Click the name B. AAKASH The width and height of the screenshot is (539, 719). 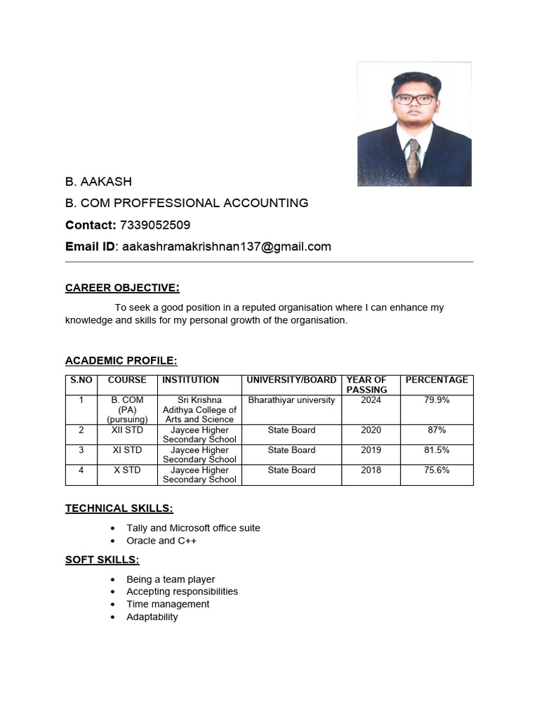pos(98,182)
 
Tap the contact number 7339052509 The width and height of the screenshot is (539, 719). pos(155,225)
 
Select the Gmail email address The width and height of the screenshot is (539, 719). pos(226,247)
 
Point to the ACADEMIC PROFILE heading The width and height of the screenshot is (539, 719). pos(121,361)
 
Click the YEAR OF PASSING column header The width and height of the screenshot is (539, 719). pos(367,384)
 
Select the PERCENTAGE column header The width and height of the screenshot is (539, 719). pos(437,380)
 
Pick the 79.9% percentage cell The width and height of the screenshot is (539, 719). pos(437,400)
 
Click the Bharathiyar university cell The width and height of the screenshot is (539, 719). pos(292,400)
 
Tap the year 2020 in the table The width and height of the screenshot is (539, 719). pos(371,430)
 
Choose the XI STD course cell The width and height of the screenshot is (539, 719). pos(127,450)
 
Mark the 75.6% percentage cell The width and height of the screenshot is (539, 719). pos(437,470)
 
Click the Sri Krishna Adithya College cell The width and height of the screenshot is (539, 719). pos(199,409)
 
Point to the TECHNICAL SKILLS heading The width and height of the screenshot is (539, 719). pos(119,508)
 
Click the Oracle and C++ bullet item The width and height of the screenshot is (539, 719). pos(161,541)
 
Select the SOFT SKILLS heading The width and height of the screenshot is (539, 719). pos(102,560)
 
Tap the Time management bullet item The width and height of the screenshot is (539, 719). pos(168,604)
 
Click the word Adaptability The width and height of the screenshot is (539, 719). pos(152,616)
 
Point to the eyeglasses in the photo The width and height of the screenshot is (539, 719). pos(414,100)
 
